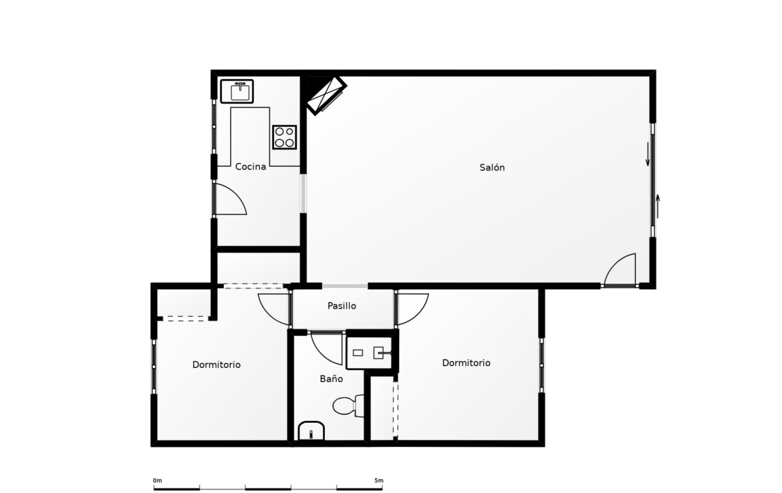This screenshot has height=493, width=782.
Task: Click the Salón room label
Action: [x=492, y=168]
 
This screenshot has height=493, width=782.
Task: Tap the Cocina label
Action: [x=251, y=166]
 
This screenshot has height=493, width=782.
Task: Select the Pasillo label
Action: [x=342, y=305]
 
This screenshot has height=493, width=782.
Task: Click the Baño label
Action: [x=331, y=379]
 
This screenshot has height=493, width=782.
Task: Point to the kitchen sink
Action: [x=237, y=92]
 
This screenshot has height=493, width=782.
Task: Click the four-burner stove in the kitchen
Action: [x=284, y=137]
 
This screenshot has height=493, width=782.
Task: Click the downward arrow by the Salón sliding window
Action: [x=648, y=154]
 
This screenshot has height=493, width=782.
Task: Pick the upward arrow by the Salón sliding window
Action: [x=658, y=206]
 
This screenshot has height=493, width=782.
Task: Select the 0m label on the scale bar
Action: [x=157, y=480]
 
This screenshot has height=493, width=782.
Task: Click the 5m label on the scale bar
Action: [x=379, y=480]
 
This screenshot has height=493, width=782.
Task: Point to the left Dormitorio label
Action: [x=217, y=365]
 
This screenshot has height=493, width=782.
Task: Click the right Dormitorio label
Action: [x=467, y=363]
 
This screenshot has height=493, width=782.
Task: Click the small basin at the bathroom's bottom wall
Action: [x=311, y=431]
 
